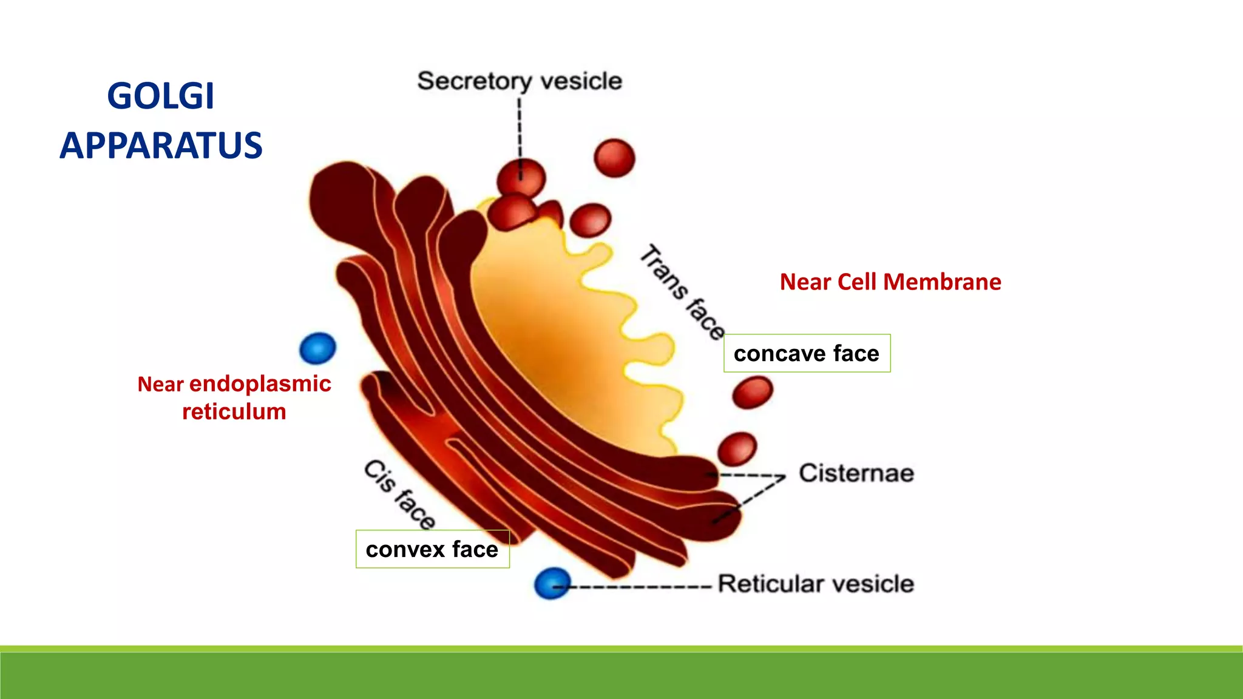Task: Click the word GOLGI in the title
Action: [x=161, y=96]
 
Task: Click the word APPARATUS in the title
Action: [x=161, y=146]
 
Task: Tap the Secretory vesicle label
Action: [x=520, y=81]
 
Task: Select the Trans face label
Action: [x=683, y=292]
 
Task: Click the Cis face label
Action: [x=399, y=494]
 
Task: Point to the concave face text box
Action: [x=807, y=353]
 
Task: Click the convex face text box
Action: [x=432, y=549]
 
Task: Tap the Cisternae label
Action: [x=856, y=473]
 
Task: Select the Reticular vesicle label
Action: [x=816, y=584]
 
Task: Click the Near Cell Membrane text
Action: [x=890, y=282]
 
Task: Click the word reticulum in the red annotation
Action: [x=234, y=412]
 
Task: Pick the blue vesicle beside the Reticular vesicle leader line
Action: [x=552, y=584]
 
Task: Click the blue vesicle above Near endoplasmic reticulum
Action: [x=317, y=348]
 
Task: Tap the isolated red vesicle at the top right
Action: [x=614, y=158]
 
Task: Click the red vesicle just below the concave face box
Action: [x=753, y=392]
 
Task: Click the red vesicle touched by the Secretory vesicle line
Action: [x=521, y=178]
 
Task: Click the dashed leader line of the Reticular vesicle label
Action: [x=637, y=587]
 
